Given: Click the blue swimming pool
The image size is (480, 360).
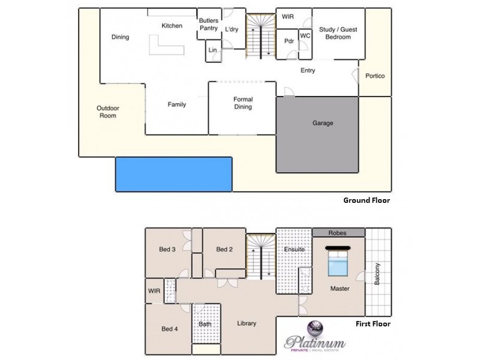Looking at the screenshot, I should pos(173,174).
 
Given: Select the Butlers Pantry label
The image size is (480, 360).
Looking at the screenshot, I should pos(208,24).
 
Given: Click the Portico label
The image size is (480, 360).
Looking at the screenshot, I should pos(375,76).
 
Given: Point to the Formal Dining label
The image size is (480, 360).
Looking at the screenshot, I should pos(243,103).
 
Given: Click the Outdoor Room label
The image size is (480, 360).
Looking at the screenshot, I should pos(108,112).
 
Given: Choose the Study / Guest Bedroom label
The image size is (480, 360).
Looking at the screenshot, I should pos(336,32).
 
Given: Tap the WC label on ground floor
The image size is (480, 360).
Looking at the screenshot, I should pos(305,36).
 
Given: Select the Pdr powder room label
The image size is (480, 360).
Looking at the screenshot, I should pos(288,41).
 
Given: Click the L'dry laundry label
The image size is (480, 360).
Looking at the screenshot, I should pos(232,29).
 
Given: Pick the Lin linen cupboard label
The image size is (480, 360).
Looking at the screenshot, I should pos(212,50).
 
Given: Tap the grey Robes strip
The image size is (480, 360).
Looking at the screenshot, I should pos(338,233).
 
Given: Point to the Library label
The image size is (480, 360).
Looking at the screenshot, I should pos(246,323).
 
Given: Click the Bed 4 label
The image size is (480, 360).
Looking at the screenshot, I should pos(170,329).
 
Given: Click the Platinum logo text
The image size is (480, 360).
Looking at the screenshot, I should pos(316,343).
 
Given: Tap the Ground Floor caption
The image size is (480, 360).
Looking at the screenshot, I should pos(366,200).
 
